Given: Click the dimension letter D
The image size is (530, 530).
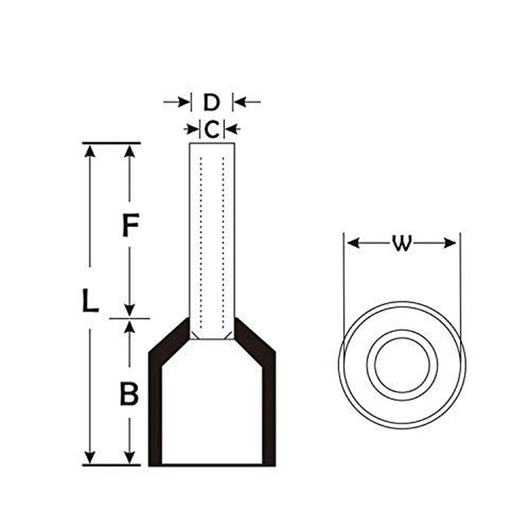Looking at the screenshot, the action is point(212,102).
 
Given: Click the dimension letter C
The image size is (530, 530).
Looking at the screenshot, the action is point(212,129).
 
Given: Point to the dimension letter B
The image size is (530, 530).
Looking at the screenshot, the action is point(129,393).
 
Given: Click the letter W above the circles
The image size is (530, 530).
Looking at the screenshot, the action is point(402,243).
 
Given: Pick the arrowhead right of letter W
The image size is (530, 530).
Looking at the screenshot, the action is point(449,243).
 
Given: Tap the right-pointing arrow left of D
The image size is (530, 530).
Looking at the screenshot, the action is point(176,102).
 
